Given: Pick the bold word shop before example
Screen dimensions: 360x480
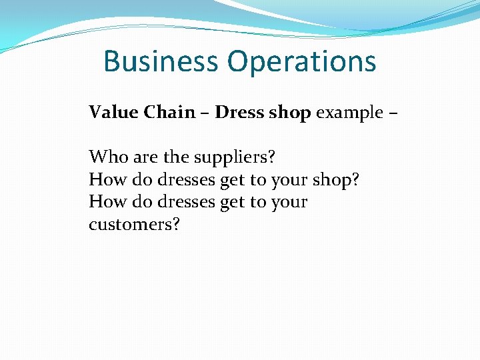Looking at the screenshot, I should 289,113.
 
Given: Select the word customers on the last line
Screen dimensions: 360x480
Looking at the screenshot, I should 130,224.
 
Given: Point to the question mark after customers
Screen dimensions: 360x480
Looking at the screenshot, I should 176,224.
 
